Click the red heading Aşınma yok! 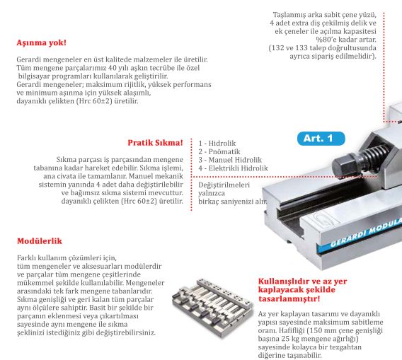41,43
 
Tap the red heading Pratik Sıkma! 156,143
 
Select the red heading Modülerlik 40,241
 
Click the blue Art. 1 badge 321,139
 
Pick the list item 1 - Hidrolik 217,144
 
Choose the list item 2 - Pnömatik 219,151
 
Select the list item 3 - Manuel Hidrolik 230,160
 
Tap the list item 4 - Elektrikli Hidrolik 233,168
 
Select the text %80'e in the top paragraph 326,40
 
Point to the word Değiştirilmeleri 224,185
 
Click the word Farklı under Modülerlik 25,257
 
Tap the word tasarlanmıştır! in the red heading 289,298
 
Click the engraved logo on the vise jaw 322,219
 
